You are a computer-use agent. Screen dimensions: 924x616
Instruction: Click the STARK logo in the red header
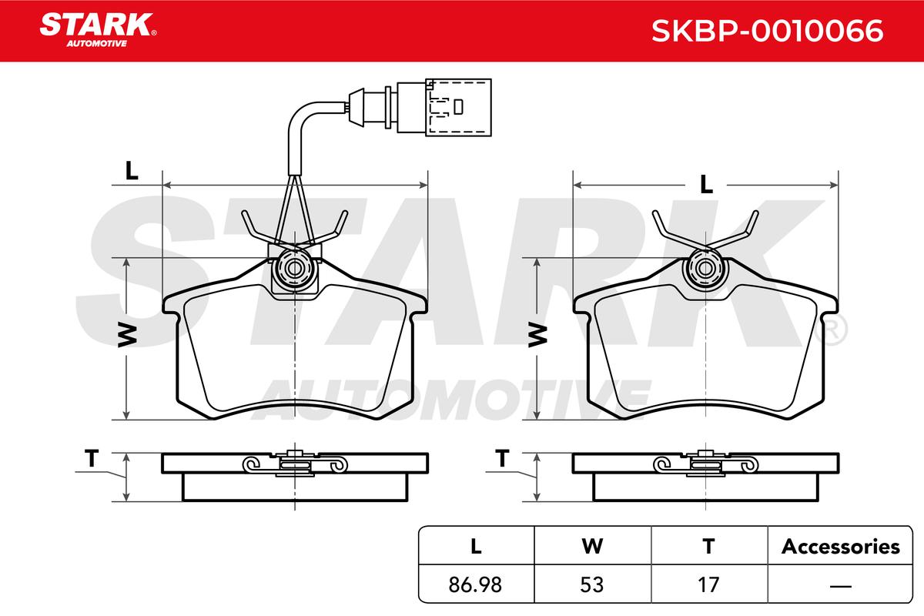[x=98, y=30]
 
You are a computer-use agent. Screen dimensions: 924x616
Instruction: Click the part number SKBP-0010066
[x=767, y=31]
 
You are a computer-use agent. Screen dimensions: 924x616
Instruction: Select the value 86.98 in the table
[x=475, y=584]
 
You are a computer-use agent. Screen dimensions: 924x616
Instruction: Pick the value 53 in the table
[x=592, y=584]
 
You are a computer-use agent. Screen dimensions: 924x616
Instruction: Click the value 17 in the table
[x=708, y=584]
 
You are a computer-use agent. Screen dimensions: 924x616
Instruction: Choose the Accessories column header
[x=840, y=547]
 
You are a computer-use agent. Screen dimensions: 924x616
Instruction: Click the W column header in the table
[x=592, y=547]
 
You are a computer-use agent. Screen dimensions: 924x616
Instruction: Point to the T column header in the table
[x=708, y=547]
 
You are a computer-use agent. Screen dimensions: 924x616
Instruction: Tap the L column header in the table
[x=476, y=547]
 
